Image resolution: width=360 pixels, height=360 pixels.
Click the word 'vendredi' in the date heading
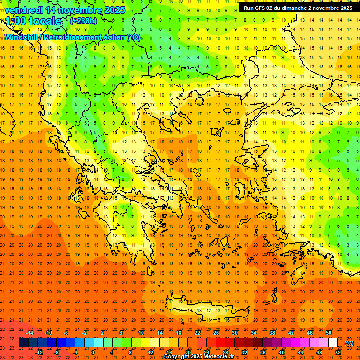pos(23,10)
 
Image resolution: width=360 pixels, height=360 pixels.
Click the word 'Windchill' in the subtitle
pos(22,37)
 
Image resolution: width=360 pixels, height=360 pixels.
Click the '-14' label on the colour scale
pos(30,332)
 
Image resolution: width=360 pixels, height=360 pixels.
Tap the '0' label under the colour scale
pos(93,352)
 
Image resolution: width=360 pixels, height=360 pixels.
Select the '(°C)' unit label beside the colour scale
pos(349,343)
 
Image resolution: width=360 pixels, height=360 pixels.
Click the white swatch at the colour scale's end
pos(333,343)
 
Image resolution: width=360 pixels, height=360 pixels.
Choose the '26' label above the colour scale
pos(216,332)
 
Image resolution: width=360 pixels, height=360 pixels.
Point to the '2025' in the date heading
pos(114,10)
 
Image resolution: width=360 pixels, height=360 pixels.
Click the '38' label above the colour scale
pos(272,332)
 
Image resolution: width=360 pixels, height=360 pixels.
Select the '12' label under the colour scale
pos(151,352)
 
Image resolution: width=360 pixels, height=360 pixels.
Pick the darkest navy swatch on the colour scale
pos(23,343)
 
